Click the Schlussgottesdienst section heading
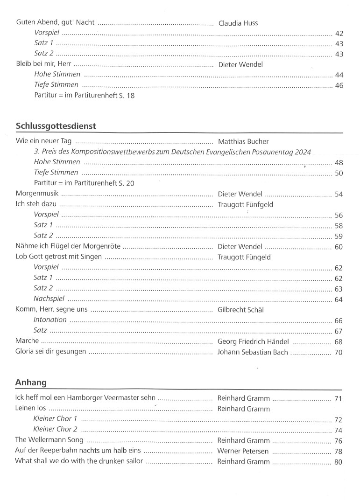(56, 126)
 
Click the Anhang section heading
(31, 383)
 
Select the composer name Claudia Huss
(238, 23)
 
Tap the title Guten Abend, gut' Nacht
(55, 23)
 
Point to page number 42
(339, 34)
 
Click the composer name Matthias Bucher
(243, 141)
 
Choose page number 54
(339, 194)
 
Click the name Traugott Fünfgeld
(245, 204)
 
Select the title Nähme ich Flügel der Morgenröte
(67, 247)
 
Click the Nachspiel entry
(49, 299)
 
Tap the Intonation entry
(50, 320)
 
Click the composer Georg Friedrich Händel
(253, 341)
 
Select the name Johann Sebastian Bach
(253, 352)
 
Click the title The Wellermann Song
(49, 440)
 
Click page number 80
(339, 462)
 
